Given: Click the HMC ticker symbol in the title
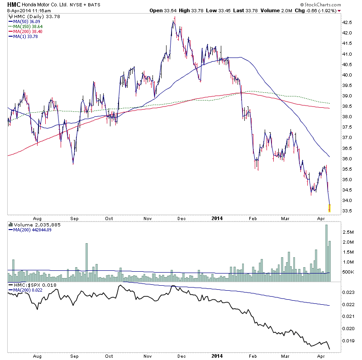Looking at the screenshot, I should [x=14, y=4].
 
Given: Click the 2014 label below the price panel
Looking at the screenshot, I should [x=218, y=217].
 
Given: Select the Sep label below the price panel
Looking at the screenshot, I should [x=74, y=217].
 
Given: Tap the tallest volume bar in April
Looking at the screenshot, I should [x=326, y=252].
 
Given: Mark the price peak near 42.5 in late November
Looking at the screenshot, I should [x=174, y=19].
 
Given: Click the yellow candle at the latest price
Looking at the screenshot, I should [x=329, y=208].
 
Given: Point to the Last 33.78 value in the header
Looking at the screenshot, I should [x=243, y=10].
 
